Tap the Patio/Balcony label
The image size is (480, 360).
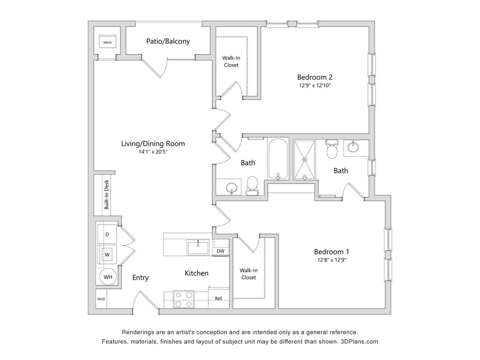(168, 41)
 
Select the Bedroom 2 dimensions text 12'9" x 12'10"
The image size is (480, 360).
(315, 85)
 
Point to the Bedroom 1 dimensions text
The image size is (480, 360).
(331, 260)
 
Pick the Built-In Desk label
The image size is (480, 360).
(106, 195)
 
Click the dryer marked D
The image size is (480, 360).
(107, 234)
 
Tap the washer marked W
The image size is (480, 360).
(107, 255)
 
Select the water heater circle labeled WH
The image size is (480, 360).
(108, 277)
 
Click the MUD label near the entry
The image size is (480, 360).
(101, 299)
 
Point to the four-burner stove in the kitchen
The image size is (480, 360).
(184, 299)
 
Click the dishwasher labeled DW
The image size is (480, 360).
(220, 251)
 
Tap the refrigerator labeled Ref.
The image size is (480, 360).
(218, 298)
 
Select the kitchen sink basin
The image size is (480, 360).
(198, 247)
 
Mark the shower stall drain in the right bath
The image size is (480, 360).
(305, 159)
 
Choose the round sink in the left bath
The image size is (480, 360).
(232, 187)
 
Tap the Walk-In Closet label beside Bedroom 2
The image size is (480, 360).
(231, 61)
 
